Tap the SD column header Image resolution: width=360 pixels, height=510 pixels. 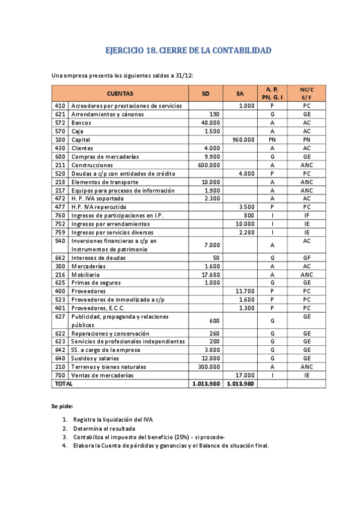click(206, 93)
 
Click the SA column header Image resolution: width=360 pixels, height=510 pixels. click(240, 93)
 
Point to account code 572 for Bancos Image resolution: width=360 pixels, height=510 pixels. click(59, 123)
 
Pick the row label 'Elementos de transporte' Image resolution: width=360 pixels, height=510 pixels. click(105, 182)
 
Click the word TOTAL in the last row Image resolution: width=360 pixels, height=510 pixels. click(63, 384)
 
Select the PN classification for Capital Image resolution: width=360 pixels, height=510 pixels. click(272, 140)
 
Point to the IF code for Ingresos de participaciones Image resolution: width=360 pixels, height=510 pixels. click(307, 215)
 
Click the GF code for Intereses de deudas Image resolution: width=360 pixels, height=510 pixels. click(307, 257)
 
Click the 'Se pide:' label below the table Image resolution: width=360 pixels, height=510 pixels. click(62, 407)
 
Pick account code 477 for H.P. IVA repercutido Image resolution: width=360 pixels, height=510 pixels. click(59, 207)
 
